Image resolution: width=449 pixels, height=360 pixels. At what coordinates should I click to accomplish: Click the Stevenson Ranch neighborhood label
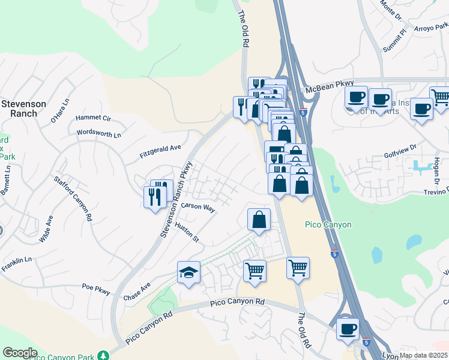click(x=23, y=108)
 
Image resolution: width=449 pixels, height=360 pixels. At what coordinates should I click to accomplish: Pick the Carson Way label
click(x=198, y=207)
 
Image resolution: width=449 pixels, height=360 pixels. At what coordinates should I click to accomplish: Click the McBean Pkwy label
click(x=330, y=88)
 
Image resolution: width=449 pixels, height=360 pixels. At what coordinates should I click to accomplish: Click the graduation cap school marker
click(x=188, y=273)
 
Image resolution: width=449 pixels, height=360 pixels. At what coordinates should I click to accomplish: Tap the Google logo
click(x=20, y=353)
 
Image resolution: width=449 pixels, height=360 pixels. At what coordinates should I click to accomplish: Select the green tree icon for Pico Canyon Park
click(x=106, y=355)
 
